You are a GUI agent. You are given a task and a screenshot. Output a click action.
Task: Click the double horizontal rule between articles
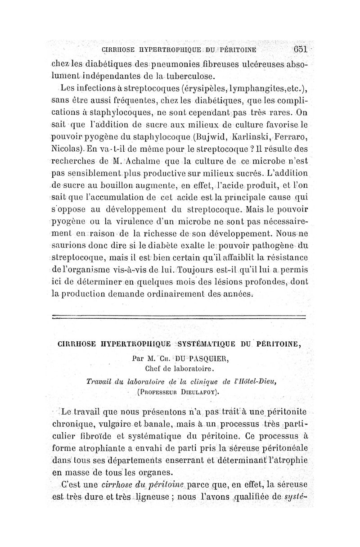coord(179,317)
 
